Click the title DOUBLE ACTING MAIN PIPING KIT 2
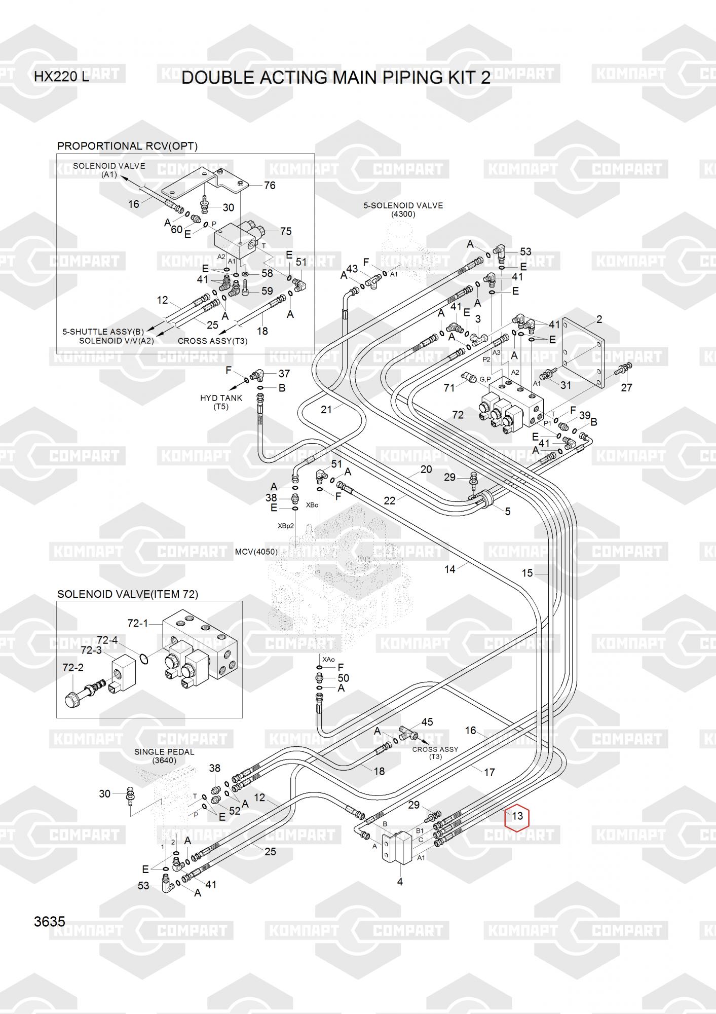(336, 78)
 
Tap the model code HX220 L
(61, 77)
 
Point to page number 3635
(50, 921)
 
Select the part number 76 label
(270, 186)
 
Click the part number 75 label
(286, 231)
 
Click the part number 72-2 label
(73, 668)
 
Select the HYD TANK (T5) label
(221, 402)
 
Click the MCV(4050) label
(256, 552)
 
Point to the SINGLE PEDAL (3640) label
(164, 756)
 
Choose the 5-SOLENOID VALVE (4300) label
(403, 209)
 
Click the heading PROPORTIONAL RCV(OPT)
(127, 146)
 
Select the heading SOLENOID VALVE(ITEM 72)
(128, 594)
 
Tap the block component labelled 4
(397, 847)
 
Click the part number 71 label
(449, 388)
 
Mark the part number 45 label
(427, 722)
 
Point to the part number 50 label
(343, 678)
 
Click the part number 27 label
(627, 387)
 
